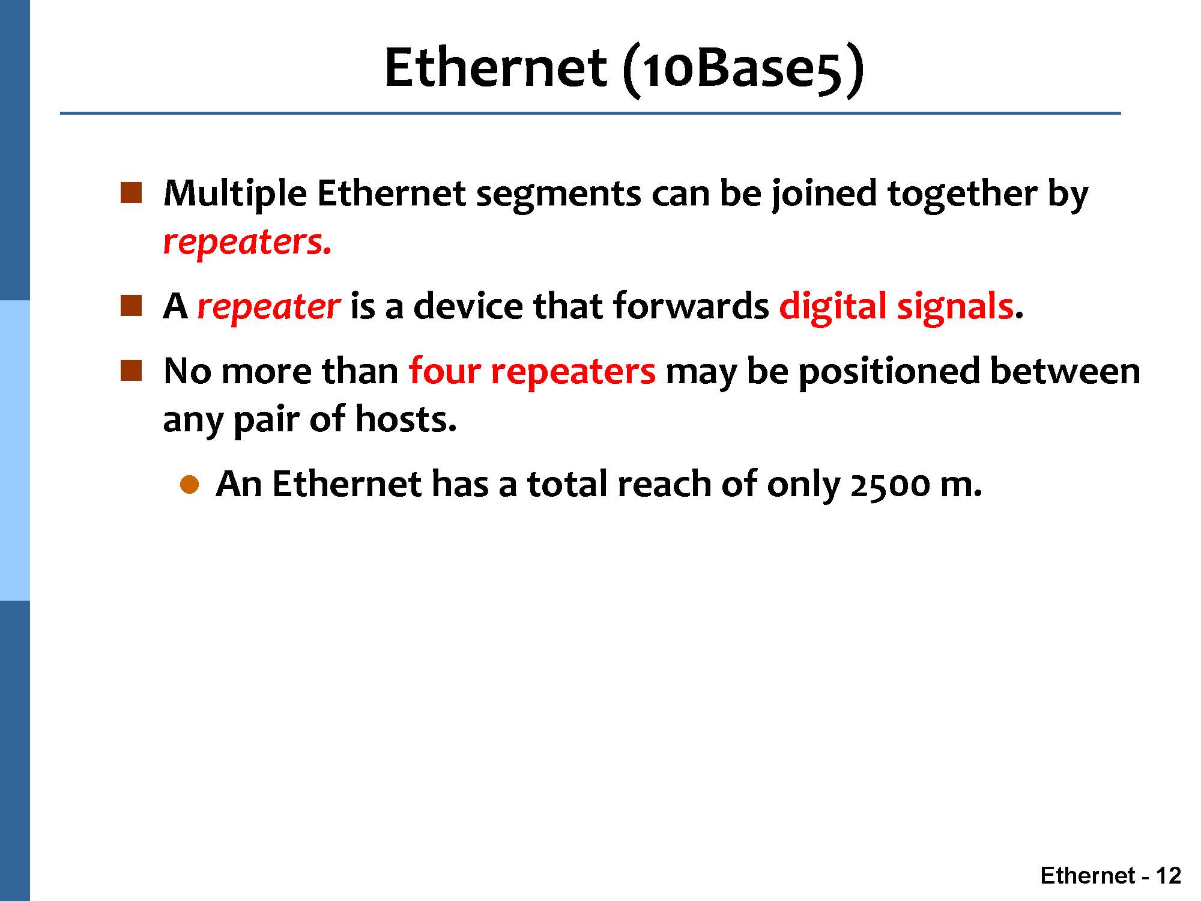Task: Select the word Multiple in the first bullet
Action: pyautogui.click(x=235, y=195)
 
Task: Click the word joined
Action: pyautogui.click(x=824, y=195)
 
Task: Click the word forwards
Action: pyautogui.click(x=691, y=306)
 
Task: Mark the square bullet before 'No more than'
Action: pyautogui.click(x=130, y=371)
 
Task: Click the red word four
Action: pyautogui.click(x=445, y=371)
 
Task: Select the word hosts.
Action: pyautogui.click(x=406, y=419)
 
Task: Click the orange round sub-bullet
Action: pyautogui.click(x=189, y=484)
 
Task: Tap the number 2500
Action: pyautogui.click(x=890, y=485)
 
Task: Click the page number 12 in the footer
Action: pyautogui.click(x=1168, y=876)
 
